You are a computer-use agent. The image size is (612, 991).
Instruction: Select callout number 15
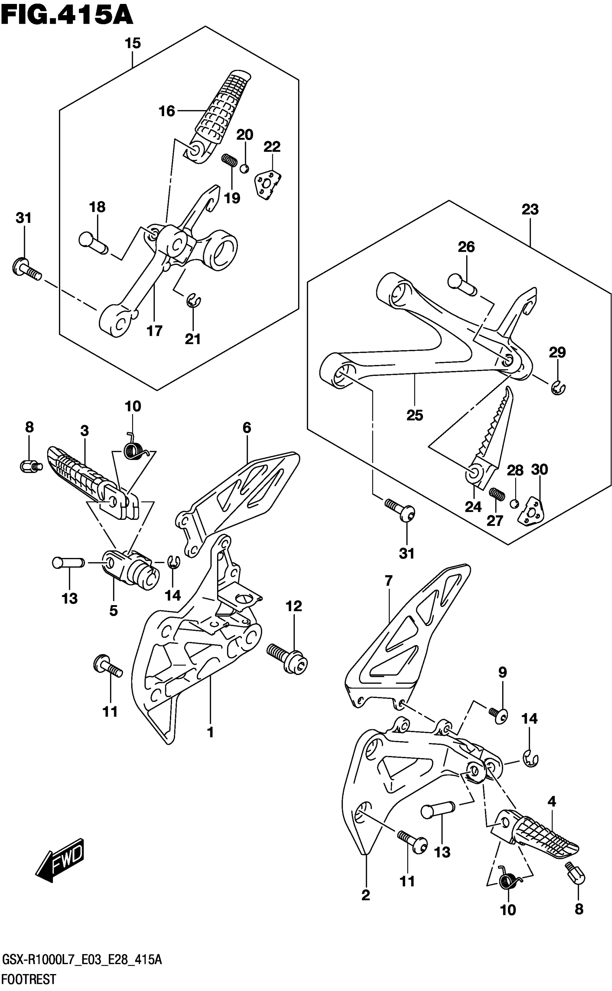(133, 43)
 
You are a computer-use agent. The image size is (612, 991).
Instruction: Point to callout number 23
(530, 210)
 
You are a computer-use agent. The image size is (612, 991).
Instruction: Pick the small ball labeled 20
(244, 168)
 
